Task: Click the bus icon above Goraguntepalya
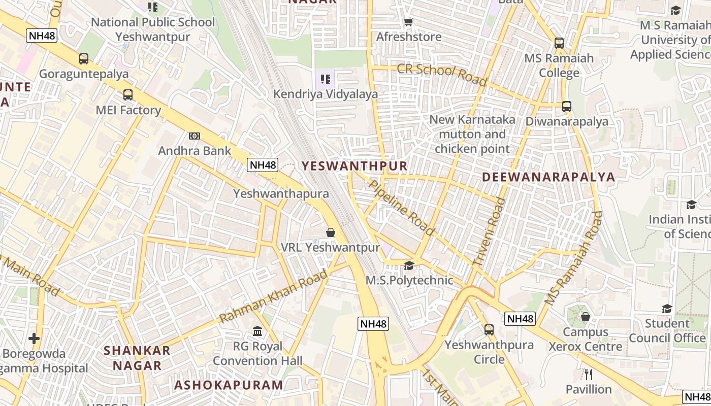pos(84,59)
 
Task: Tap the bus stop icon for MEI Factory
pos(128,95)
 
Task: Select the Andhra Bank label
pos(195,151)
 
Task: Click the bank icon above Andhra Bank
pos(195,136)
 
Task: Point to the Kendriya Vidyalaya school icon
pos(326,79)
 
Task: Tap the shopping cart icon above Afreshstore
pos(408,22)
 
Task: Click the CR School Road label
pos(442,75)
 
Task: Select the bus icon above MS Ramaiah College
pos(559,43)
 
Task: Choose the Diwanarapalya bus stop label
pos(567,122)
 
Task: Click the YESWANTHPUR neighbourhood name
pos(354,166)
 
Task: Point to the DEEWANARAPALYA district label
pos(548,177)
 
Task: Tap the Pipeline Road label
pos(402,208)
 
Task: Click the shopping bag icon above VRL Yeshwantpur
pos(331,232)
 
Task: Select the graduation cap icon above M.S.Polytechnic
pos(409,265)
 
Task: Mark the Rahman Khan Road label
pos(274,296)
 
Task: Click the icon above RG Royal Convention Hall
pos(257,331)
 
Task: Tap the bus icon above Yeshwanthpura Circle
pos(489,330)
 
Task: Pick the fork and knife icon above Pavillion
pos(589,375)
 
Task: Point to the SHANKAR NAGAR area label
pos(137,358)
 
